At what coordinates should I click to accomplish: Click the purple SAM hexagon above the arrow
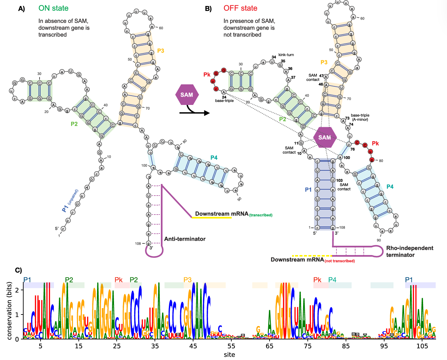coord(187,95)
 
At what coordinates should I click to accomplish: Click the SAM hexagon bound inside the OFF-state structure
coord(325,137)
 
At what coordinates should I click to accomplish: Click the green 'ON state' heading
coord(54,8)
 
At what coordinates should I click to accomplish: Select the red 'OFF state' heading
coord(240,8)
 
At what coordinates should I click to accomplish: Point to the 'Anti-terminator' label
coord(185,239)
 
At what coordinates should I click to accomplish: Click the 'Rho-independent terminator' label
coord(409,251)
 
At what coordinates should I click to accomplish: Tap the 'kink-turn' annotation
coord(286,55)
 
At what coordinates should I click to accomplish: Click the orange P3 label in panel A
coord(161,51)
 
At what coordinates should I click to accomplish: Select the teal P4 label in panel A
coord(214,158)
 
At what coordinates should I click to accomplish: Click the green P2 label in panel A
coord(74,124)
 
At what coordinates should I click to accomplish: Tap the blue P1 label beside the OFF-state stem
coord(308,190)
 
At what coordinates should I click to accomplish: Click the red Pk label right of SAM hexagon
coord(375,143)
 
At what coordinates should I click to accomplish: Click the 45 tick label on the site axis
coord(193,346)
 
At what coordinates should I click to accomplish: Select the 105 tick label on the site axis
coord(422,346)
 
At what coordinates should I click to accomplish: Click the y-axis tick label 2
coord(17,290)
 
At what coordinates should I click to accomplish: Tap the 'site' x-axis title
coord(229,354)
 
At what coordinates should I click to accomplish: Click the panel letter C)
coord(19,270)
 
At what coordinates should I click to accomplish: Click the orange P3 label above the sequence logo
coord(187,280)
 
